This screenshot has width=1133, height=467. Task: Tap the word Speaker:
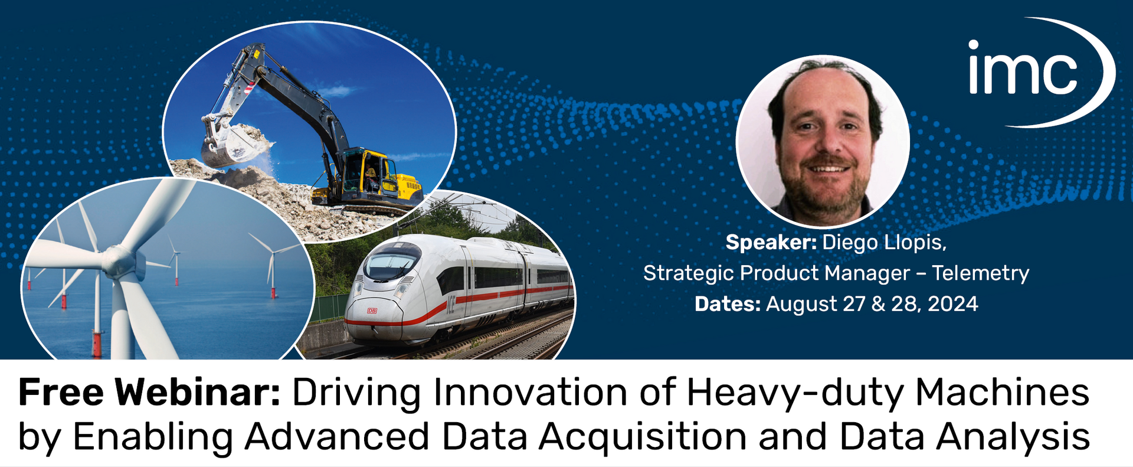click(x=771, y=243)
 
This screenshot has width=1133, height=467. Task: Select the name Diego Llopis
click(x=883, y=243)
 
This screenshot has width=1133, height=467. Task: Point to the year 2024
click(x=952, y=304)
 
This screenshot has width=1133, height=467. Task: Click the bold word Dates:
click(x=727, y=304)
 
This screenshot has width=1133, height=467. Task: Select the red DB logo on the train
click(x=372, y=311)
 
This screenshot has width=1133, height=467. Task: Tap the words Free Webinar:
click(x=149, y=393)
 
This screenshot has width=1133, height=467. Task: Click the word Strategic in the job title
click(x=689, y=273)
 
